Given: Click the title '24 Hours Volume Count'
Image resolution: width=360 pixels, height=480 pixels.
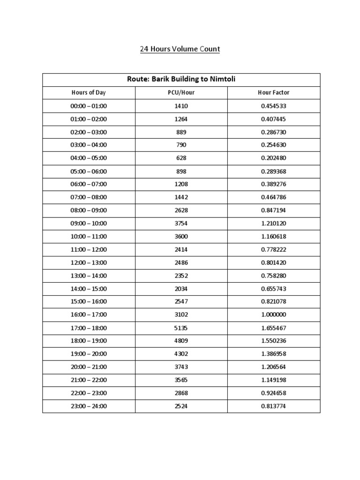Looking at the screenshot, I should click(x=180, y=49).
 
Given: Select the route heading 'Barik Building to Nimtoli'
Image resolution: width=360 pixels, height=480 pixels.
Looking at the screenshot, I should click(x=181, y=79).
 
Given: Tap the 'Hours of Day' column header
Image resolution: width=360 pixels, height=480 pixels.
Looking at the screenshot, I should click(x=89, y=93).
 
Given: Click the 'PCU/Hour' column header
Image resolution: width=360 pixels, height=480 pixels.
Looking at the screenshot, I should click(x=181, y=93).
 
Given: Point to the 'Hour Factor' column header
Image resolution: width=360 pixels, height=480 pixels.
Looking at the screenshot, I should click(x=273, y=93).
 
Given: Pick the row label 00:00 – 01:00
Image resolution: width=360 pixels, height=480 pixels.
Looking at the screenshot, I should click(x=89, y=106).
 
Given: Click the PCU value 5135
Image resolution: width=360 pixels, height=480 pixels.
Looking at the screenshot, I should click(x=181, y=328).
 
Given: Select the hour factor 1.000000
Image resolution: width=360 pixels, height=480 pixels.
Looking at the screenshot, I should click(x=273, y=315).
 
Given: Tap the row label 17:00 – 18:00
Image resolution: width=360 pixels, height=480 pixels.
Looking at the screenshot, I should click(x=89, y=328).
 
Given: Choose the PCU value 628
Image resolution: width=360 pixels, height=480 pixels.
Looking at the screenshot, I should click(x=181, y=158).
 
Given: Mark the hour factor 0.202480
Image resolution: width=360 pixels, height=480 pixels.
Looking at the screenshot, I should click(x=273, y=158).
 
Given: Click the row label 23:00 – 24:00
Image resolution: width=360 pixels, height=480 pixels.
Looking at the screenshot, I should click(x=89, y=406).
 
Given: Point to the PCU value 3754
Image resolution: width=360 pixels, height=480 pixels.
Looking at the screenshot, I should click(x=181, y=223).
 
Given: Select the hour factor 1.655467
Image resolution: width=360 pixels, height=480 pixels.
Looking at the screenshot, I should click(x=273, y=328).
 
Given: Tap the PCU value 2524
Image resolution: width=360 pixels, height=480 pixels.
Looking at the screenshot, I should click(x=181, y=406).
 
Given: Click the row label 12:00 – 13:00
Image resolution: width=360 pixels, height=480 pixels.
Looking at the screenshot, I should click(x=89, y=262).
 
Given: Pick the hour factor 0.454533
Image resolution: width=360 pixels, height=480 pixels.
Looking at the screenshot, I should click(x=273, y=106).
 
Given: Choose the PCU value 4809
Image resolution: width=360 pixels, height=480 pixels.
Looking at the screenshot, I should click(x=181, y=341).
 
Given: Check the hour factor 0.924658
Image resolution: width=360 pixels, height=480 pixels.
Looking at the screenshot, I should click(x=273, y=393).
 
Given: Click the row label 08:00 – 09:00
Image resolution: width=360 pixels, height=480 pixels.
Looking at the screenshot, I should click(x=89, y=210).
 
